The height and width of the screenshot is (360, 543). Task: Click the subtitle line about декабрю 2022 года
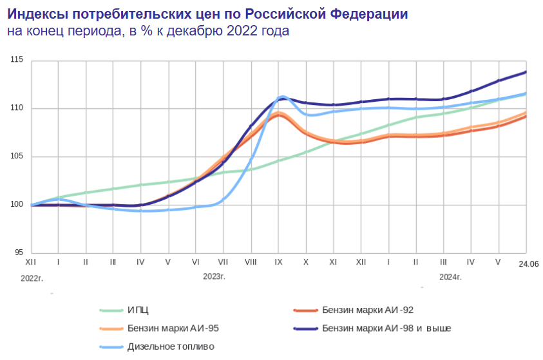click(149, 31)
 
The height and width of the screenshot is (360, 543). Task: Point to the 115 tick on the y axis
click(17, 60)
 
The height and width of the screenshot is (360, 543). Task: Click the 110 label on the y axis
click(17, 108)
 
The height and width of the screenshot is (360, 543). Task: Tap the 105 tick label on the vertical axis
click(17, 156)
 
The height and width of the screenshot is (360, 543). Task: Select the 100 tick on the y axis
click(17, 205)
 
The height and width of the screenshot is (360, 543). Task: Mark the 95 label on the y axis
click(18, 252)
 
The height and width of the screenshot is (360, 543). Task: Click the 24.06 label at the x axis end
click(528, 264)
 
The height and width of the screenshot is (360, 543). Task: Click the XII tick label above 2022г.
click(30, 263)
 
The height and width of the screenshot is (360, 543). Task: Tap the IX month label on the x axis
click(278, 263)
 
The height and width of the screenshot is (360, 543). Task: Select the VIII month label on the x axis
click(251, 263)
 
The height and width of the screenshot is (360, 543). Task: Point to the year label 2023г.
click(214, 277)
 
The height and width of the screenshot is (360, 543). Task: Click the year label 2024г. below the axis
click(450, 277)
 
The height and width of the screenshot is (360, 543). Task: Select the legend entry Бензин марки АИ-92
click(363, 310)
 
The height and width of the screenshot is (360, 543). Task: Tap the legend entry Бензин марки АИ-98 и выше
click(386, 328)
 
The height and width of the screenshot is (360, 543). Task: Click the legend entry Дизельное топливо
click(171, 346)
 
